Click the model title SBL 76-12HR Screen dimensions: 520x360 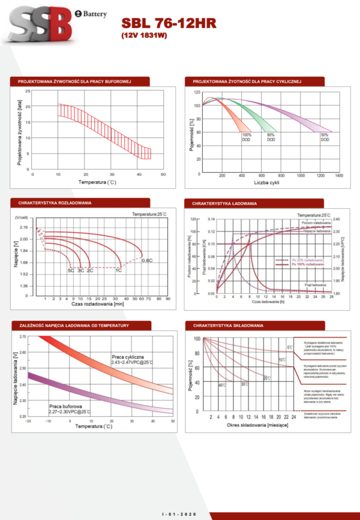click(x=169, y=23)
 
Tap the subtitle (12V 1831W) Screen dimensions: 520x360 click(x=146, y=36)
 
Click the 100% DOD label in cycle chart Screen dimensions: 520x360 click(x=247, y=137)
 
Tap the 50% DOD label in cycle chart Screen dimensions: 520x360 click(x=324, y=137)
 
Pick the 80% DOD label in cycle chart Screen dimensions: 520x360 click(x=271, y=137)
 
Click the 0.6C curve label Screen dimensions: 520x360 click(x=146, y=260)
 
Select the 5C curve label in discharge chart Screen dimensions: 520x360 click(x=70, y=271)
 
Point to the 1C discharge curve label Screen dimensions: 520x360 click(x=119, y=271)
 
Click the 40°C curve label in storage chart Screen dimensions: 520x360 click(x=222, y=384)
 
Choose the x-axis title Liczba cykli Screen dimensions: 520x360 click(x=266, y=182)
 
